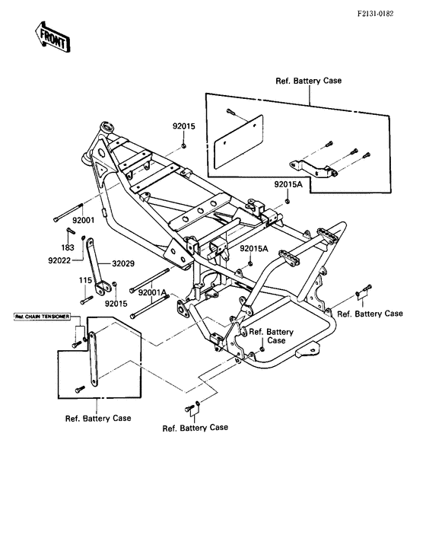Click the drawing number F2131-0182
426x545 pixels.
pyautogui.click(x=386, y=13)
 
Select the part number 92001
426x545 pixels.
pyautogui.click(x=83, y=220)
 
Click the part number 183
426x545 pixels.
pyautogui.click(x=67, y=247)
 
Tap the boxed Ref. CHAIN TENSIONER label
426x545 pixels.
pyautogui.click(x=43, y=314)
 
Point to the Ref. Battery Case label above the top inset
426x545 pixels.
pyautogui.click(x=309, y=78)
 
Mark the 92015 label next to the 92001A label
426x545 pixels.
pyautogui.click(x=116, y=303)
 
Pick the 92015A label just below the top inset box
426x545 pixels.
pyautogui.click(x=288, y=184)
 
